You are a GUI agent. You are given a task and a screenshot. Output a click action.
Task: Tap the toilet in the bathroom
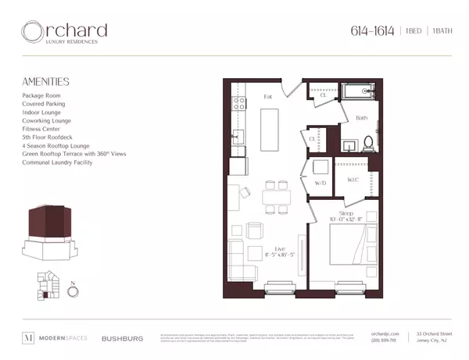369,144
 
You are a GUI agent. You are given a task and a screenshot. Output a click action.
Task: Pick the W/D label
320,183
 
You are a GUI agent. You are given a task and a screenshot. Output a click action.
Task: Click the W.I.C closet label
353,181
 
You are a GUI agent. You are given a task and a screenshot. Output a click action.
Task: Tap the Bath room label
361,119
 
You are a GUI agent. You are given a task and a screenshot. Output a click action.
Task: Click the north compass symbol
73,292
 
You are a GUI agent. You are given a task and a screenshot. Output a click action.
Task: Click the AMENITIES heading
47,81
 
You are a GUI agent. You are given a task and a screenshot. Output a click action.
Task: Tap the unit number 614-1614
371,31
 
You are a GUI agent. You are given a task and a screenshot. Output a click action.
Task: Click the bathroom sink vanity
349,143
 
